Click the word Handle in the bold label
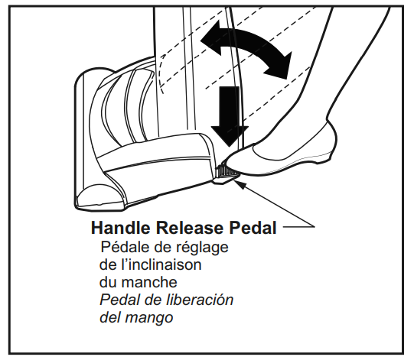pos(121,228)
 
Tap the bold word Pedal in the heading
pos(253,228)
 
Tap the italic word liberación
pos(200,300)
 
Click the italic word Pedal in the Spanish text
pos(122,300)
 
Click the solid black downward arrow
pos(230,116)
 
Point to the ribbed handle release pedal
pos(227,171)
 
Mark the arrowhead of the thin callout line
pos(237,181)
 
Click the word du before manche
pos(109,282)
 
